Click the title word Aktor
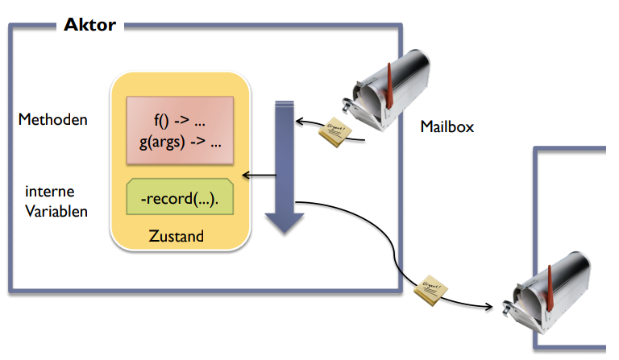click(89, 25)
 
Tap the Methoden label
click(53, 120)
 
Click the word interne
click(50, 193)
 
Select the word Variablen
click(56, 212)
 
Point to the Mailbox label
click(447, 126)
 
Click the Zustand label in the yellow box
click(177, 237)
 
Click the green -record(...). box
click(181, 197)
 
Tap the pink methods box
click(180, 129)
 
